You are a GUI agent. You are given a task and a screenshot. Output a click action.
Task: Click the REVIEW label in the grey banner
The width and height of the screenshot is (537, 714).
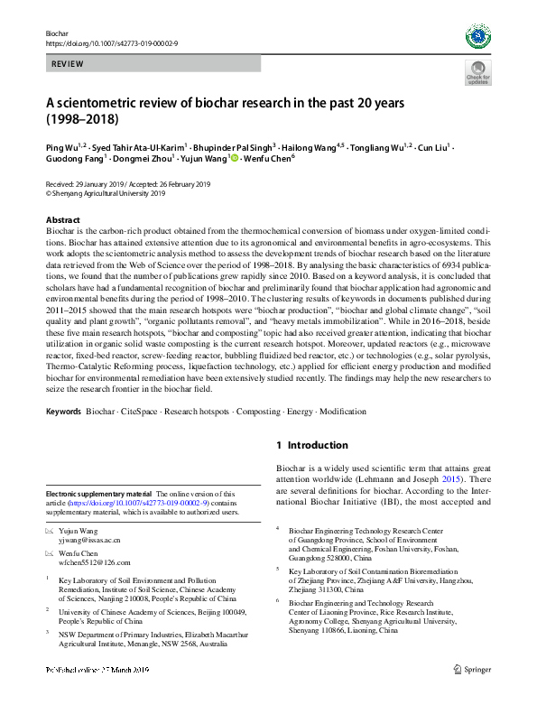68,65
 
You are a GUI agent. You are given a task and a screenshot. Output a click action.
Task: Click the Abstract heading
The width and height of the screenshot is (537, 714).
62,219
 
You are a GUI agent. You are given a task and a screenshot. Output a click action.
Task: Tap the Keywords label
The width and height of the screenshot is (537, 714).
63,412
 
